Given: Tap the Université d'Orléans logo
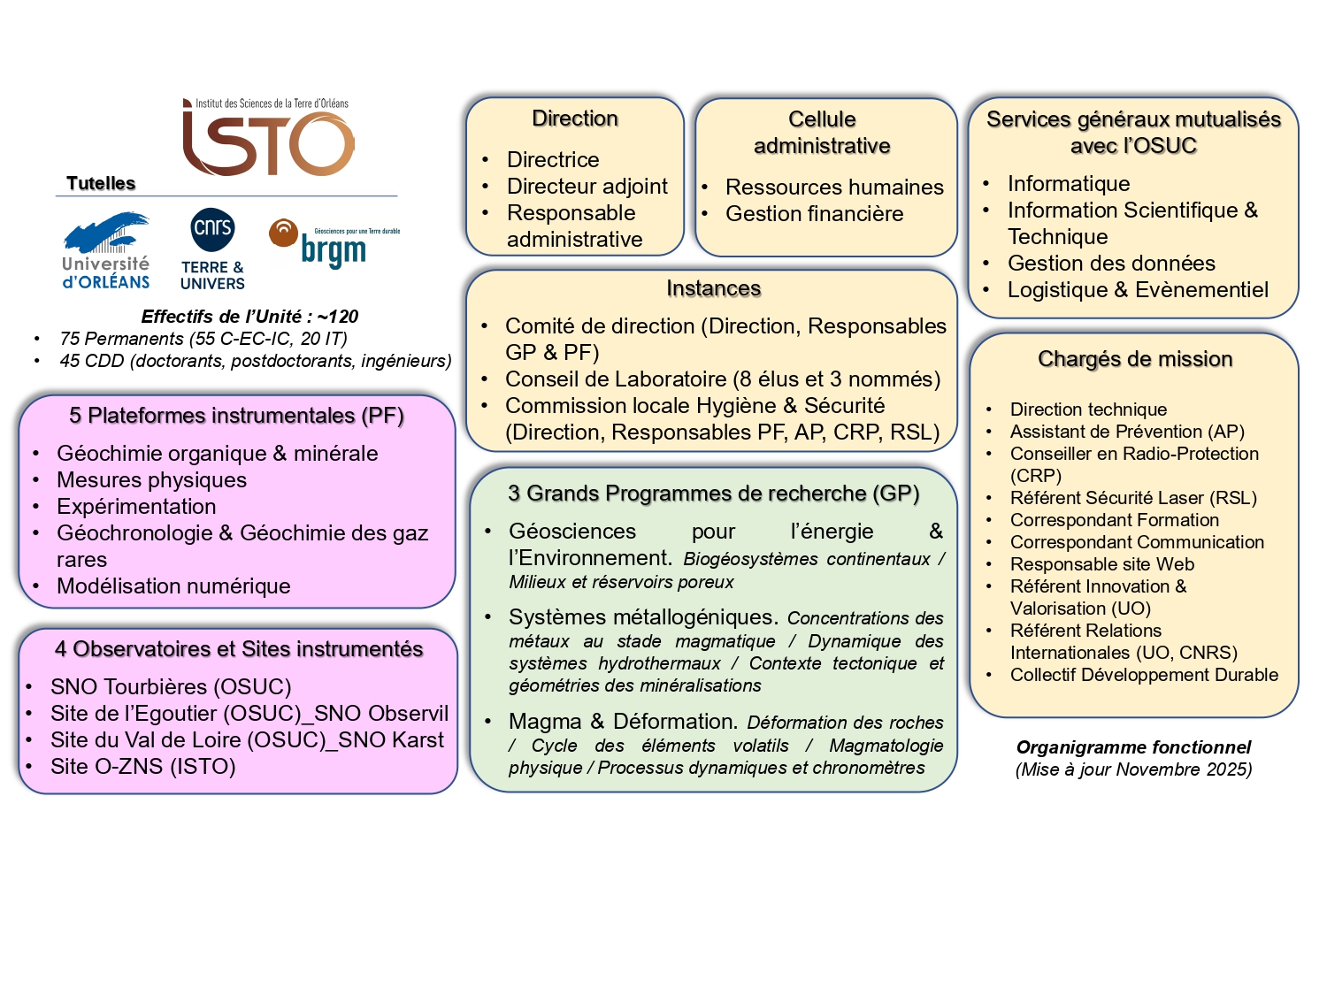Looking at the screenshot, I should click(x=106, y=251).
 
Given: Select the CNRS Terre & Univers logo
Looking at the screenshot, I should click(x=212, y=249).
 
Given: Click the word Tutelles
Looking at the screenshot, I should click(x=101, y=183).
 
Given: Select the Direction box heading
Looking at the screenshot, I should click(x=575, y=119).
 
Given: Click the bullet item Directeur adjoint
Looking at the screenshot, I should click(x=587, y=187).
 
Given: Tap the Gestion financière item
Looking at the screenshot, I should click(x=814, y=214).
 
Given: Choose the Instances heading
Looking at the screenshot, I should click(x=713, y=288).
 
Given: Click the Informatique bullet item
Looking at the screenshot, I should click(x=1068, y=184).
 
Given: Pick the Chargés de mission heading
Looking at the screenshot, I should click(x=1135, y=359).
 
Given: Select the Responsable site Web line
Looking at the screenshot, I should click(x=1101, y=564).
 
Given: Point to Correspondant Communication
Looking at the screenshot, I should click(x=1136, y=542).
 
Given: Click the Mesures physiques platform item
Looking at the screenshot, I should click(x=151, y=480).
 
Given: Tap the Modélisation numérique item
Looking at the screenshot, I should click(x=173, y=586).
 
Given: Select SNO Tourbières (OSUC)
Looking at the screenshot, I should click(x=171, y=687).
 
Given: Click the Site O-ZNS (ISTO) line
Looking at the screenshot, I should click(x=142, y=767).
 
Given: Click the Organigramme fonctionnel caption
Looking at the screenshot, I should click(x=1133, y=747).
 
